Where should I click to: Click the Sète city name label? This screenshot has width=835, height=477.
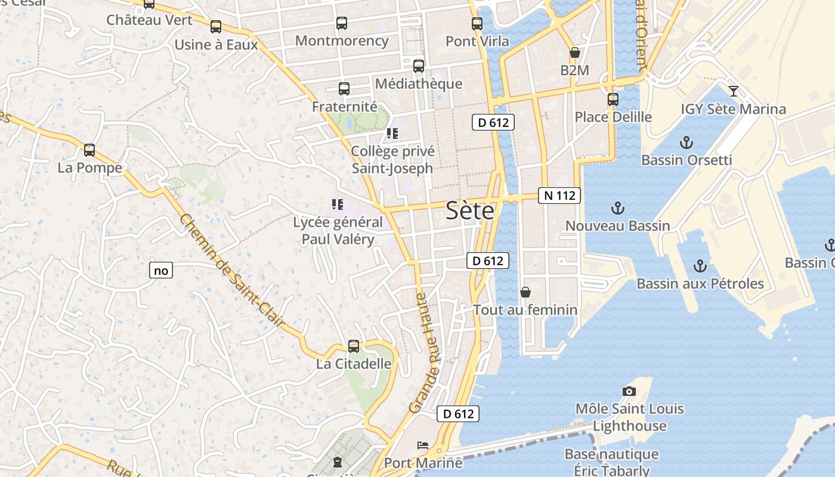coord(470,211)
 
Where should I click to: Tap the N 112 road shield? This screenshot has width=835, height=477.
coord(559,195)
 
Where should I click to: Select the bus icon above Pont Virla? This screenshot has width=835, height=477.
coord(477,24)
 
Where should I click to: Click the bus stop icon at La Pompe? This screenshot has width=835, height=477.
coord(89,150)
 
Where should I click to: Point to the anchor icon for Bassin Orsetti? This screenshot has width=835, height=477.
coord(686,143)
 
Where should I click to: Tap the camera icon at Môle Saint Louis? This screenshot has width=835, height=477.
coord(629,391)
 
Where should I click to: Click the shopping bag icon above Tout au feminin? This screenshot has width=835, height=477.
coord(525,292)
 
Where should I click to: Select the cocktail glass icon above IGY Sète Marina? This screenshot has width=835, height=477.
coord(734,91)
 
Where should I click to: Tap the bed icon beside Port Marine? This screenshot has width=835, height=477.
coord(423,445)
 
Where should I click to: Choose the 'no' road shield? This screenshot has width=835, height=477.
coord(161,271)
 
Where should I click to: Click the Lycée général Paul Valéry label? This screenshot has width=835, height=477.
coord(338,231)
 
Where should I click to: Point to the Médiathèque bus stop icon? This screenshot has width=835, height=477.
coord(419,66)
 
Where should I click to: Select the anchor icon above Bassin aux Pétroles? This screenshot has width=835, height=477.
coord(700,266)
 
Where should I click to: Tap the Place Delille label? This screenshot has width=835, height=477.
coord(613,116)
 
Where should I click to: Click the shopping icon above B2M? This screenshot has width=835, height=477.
coord(574,52)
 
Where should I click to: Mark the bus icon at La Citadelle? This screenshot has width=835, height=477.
coord(354,346)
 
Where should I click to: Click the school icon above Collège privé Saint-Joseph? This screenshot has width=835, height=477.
coord(392,134)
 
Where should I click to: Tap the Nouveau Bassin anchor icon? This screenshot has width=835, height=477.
coord(618,208)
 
